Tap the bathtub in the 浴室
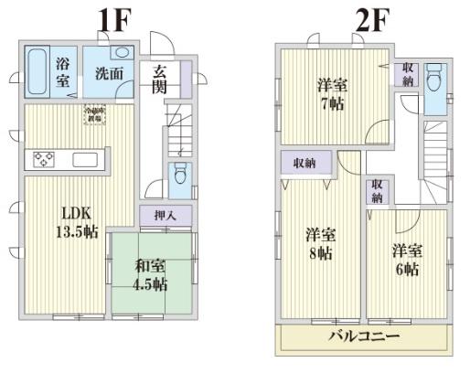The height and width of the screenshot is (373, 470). click(37, 71)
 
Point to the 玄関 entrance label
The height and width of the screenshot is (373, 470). click(160, 80)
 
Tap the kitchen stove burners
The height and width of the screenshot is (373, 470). click(44, 160)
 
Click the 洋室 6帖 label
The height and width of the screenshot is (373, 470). click(407, 260)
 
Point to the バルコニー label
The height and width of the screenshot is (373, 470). click(364, 337)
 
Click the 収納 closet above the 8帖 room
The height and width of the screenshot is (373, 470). click(304, 164)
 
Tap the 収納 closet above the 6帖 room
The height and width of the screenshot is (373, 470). click(378, 192)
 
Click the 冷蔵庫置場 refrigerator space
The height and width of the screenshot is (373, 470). click(94, 116)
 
